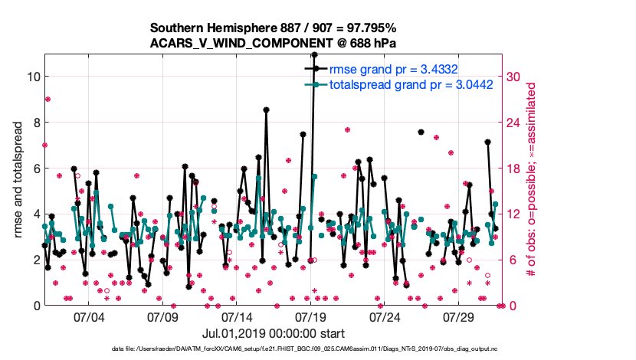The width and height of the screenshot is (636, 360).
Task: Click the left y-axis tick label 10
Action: point(32,77)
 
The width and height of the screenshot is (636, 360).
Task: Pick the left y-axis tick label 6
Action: point(36,169)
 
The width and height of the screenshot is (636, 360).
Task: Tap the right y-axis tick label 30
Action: point(513,77)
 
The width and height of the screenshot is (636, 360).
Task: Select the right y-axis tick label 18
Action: point(513,169)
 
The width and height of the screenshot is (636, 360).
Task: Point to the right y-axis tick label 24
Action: point(513,123)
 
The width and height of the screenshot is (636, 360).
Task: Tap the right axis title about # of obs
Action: point(529,179)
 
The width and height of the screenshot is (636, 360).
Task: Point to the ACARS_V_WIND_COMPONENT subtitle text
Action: point(273,43)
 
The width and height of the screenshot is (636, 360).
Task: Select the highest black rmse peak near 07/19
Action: point(314,55)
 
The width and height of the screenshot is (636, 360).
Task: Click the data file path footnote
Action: point(273,349)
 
